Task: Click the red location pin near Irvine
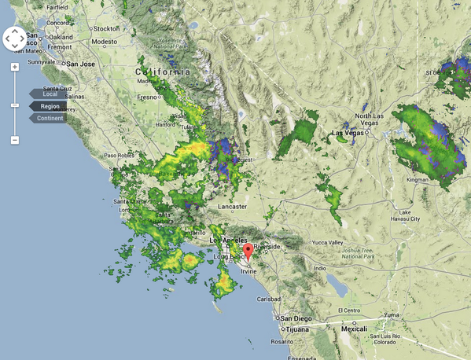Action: click(248, 252)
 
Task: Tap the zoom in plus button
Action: click(15, 67)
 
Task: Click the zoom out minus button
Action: click(15, 140)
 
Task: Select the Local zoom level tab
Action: click(49, 94)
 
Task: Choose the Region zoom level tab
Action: click(49, 106)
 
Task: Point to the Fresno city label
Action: click(149, 97)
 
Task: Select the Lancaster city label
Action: click(232, 206)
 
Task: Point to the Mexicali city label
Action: click(354, 329)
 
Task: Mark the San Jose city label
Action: click(80, 64)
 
